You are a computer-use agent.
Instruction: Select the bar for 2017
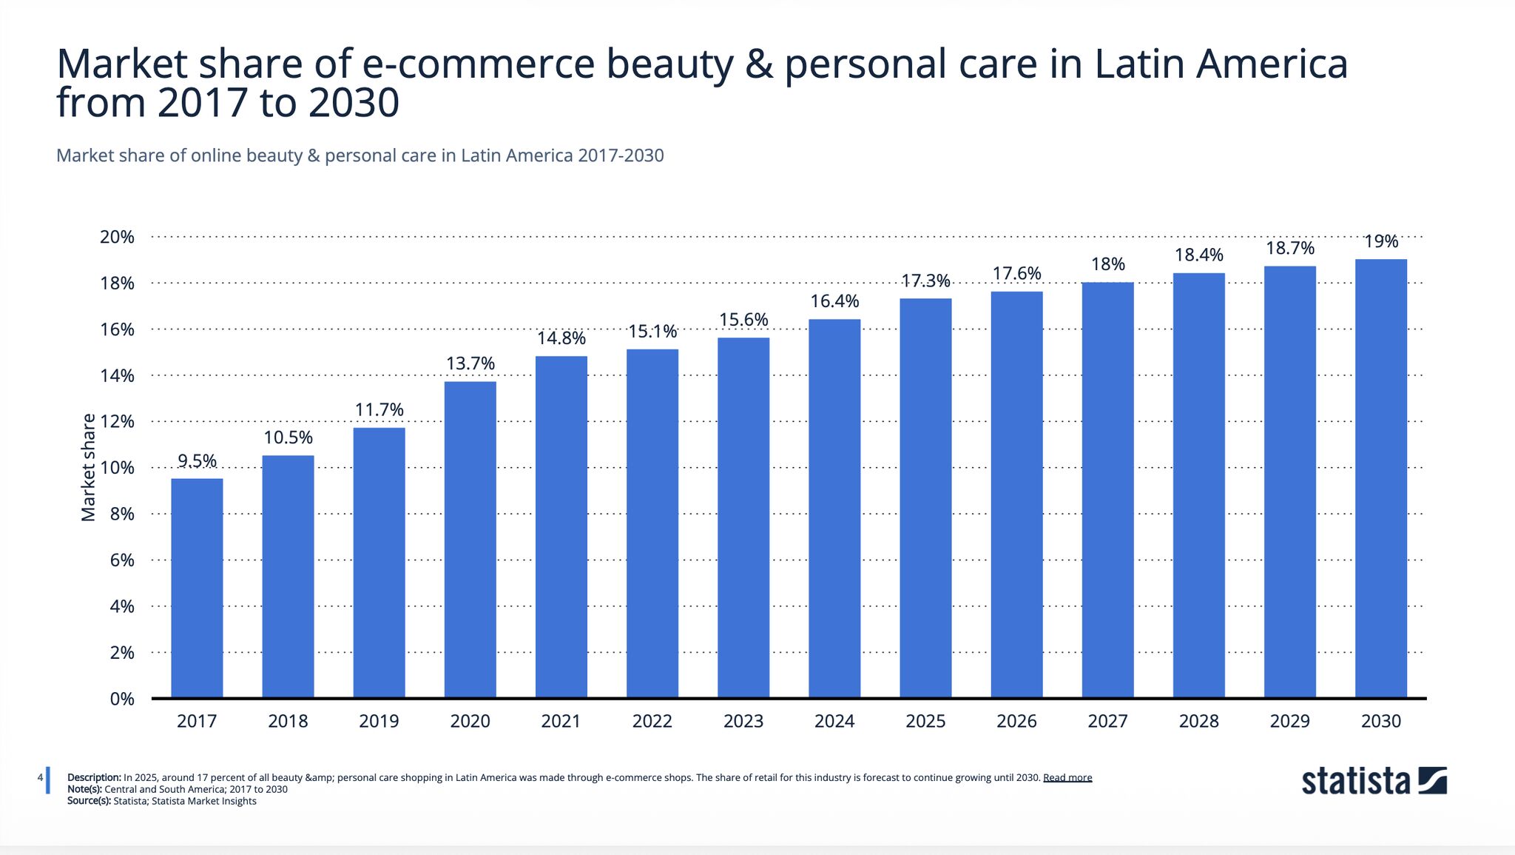point(197,588)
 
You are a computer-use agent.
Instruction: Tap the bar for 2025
point(925,497)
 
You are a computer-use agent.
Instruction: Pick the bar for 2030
point(1380,478)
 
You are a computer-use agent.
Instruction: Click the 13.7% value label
point(470,363)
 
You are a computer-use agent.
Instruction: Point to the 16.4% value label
point(834,301)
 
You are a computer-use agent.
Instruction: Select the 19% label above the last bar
point(1380,241)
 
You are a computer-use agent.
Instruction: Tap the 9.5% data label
point(197,461)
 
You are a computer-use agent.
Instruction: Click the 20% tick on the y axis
point(117,237)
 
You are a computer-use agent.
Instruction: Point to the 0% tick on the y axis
point(121,699)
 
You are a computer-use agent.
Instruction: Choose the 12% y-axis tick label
point(117,422)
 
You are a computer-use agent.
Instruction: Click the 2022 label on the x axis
point(652,721)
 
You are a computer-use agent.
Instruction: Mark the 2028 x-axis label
point(1198,721)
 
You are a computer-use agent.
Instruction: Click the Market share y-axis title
point(89,467)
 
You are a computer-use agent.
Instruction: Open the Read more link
point(1067,777)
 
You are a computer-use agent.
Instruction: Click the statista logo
point(1373,781)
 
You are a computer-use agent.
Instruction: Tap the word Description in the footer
point(94,777)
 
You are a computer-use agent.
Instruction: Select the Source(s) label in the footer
point(89,801)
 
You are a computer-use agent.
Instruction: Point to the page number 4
point(40,777)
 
